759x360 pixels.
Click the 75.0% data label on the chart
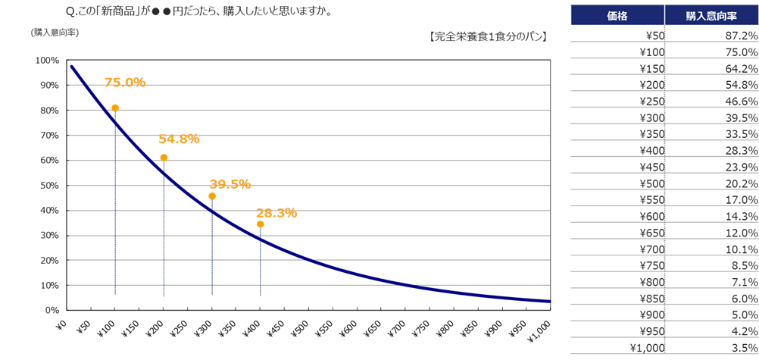(x=125, y=83)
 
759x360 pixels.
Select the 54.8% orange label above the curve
(x=179, y=139)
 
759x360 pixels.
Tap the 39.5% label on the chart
(x=230, y=184)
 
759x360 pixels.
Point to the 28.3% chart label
(x=276, y=213)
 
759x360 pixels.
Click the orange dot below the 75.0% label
(x=115, y=108)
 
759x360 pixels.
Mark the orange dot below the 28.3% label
(x=261, y=224)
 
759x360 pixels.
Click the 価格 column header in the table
(x=617, y=14)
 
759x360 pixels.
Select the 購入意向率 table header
(x=711, y=14)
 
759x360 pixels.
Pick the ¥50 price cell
(x=652, y=36)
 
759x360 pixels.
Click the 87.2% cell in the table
(x=742, y=36)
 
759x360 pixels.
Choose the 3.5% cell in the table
(x=743, y=348)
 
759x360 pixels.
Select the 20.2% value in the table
(x=742, y=183)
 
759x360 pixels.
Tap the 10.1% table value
(x=742, y=249)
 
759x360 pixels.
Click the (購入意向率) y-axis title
(x=55, y=33)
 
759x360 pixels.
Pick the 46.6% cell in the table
(x=742, y=102)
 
